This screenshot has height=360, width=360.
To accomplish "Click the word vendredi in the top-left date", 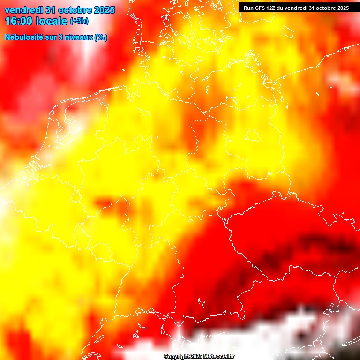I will [22, 10].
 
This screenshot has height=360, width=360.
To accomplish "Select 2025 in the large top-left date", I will [105, 10].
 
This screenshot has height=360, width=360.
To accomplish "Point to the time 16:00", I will [18, 22].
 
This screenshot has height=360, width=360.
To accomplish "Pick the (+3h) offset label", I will [79, 21].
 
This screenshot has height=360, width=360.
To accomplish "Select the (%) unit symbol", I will [101, 37].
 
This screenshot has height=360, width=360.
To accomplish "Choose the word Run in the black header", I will [248, 8].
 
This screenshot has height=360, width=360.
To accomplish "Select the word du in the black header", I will [282, 8].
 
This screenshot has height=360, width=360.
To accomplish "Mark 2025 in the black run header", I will [342, 8].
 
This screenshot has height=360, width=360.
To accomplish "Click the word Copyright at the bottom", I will [176, 357].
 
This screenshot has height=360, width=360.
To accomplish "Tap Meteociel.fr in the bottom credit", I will [219, 357].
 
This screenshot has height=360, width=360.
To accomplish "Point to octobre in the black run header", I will [324, 8].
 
